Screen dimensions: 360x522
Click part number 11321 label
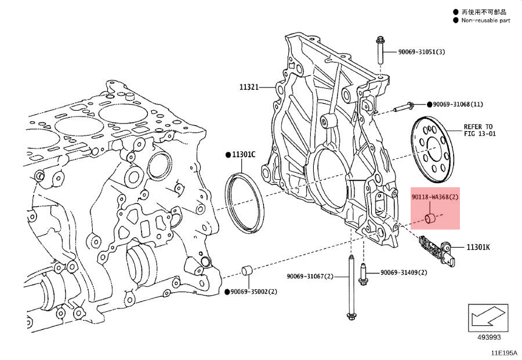click(x=248, y=88)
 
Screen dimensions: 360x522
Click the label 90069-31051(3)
click(x=421, y=52)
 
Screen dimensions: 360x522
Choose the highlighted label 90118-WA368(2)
click(x=435, y=197)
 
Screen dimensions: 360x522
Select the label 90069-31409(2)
click(x=404, y=272)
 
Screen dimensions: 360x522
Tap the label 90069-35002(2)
click(x=253, y=291)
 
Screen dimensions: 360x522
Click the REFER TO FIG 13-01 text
click(x=478, y=130)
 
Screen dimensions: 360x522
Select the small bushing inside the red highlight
click(x=430, y=219)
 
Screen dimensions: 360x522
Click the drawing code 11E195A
click(x=503, y=352)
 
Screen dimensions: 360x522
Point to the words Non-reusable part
click(x=485, y=20)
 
